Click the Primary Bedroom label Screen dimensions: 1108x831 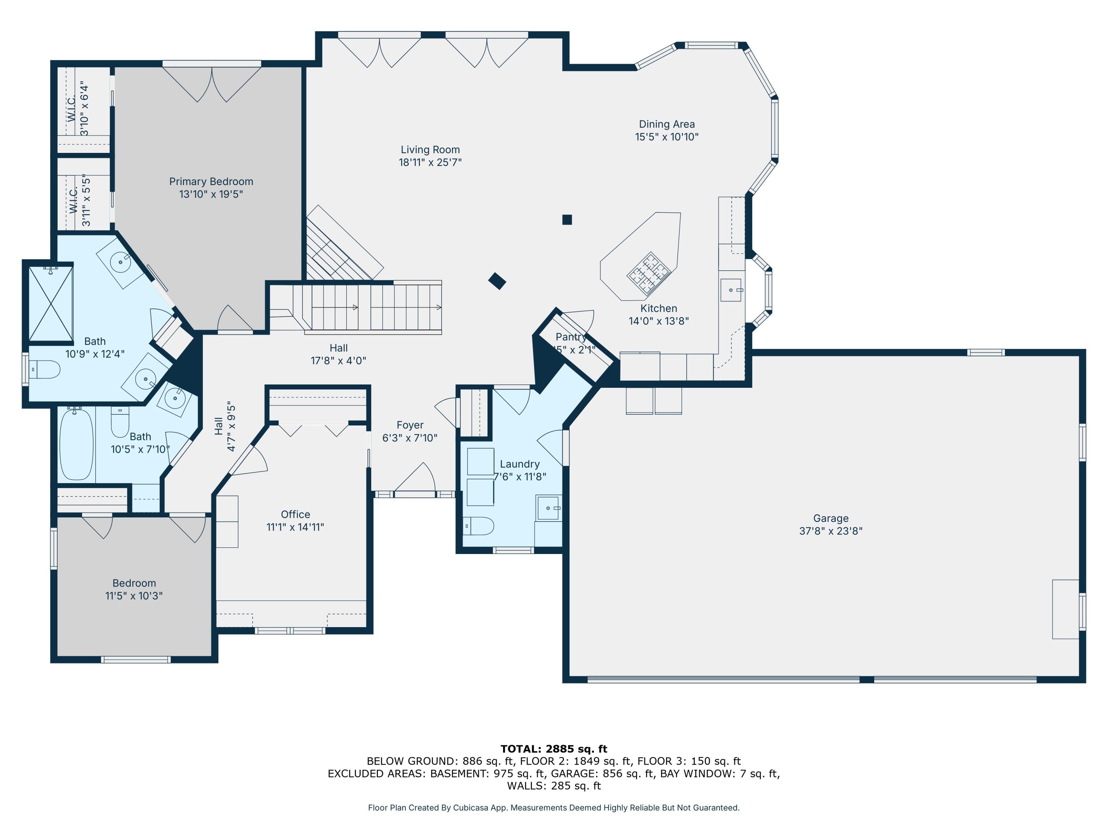211,181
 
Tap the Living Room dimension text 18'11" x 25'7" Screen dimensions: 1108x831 430,162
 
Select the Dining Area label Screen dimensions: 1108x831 667,124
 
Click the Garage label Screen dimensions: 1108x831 831,519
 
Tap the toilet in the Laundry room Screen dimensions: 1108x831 478,526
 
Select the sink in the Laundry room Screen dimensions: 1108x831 548,508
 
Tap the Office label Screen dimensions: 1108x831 295,514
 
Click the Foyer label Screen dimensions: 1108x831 410,425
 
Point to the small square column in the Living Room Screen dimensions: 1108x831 567,219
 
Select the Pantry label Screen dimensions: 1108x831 571,337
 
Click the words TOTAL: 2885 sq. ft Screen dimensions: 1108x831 554,749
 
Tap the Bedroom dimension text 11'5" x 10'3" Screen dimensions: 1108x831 134,596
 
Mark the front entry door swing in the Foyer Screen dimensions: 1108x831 416,477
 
